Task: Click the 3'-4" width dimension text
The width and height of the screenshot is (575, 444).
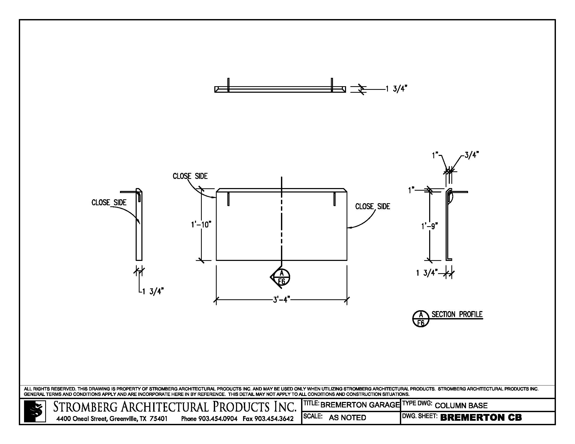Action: (281, 299)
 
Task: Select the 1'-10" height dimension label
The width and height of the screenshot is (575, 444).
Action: (201, 224)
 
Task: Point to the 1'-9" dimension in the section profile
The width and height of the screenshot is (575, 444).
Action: (429, 226)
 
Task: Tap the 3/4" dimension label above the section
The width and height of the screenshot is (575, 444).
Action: (471, 155)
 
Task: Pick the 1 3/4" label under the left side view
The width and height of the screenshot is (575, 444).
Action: (153, 291)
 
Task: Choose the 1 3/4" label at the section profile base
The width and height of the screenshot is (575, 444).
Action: (427, 273)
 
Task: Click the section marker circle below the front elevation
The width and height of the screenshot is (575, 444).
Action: (281, 277)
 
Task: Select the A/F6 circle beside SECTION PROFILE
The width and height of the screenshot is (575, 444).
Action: (421, 319)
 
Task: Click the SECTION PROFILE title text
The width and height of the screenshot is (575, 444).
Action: (457, 314)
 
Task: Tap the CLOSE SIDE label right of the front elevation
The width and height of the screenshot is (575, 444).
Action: (372, 207)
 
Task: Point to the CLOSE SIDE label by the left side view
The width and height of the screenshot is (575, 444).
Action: (109, 202)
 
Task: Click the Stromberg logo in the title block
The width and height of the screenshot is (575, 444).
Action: (35, 411)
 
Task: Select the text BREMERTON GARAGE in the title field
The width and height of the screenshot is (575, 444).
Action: (360, 405)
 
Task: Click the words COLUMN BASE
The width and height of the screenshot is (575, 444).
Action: (461, 406)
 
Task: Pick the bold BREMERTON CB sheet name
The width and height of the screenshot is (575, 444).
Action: (481, 417)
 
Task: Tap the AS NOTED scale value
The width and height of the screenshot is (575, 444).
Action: (347, 417)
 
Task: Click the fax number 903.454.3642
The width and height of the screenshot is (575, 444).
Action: (274, 418)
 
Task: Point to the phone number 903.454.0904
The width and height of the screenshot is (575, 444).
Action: (218, 418)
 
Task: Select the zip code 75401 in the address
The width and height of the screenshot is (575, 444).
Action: (158, 418)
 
